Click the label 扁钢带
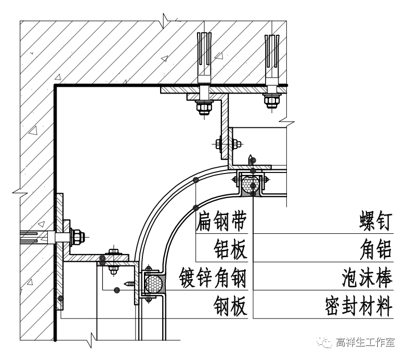(221, 222)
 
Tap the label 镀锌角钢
(212, 278)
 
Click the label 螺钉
(375, 222)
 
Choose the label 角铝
(375, 250)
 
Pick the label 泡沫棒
(367, 278)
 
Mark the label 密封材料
(358, 306)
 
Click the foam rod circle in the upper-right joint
(252, 184)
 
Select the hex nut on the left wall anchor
(78, 236)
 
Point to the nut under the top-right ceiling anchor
(271, 101)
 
